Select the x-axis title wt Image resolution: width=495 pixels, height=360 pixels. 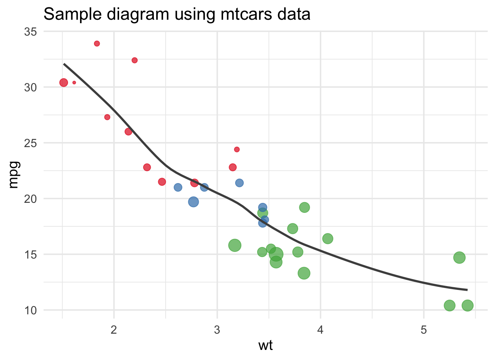[266, 345]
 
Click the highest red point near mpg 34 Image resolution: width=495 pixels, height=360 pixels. [97, 43]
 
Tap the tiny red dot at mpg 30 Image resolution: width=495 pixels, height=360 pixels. [74, 82]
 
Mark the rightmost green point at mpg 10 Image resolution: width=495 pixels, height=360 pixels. [468, 305]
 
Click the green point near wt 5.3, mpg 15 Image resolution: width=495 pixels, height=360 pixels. [459, 257]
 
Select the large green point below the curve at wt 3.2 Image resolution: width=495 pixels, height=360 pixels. [235, 245]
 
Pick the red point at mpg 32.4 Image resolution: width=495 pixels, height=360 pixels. [135, 60]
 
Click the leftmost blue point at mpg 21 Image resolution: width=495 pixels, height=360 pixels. [178, 187]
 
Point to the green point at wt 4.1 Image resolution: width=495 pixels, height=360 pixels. [328, 238]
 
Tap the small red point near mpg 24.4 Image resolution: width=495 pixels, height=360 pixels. [237, 149]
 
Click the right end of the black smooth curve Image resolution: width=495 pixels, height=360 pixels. [467, 290]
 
